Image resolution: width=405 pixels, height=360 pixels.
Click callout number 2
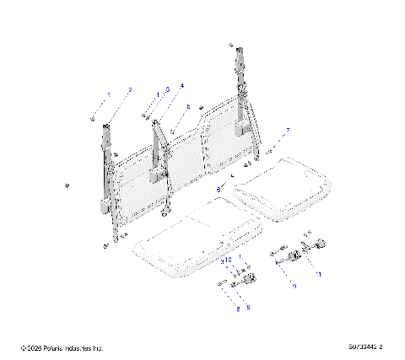129,90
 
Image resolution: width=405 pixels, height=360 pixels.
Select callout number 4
181,86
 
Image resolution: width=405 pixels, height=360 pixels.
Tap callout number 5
188,107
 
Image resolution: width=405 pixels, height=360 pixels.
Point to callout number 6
218,191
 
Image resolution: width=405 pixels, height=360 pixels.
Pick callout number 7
287,131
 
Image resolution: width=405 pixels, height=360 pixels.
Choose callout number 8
238,309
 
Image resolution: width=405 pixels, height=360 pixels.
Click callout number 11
318,274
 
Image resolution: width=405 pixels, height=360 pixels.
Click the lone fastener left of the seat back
67,185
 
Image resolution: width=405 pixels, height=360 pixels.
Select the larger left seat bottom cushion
193,244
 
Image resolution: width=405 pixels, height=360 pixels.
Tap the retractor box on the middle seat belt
158,175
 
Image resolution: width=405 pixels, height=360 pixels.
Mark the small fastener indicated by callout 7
271,151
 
